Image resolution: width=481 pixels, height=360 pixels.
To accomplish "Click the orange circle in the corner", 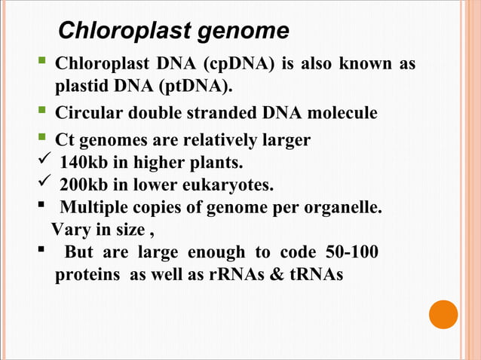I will pos(443,314).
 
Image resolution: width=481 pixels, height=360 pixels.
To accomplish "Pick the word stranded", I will pos(223,114).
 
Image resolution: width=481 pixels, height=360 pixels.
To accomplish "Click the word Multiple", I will pos(93,207).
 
